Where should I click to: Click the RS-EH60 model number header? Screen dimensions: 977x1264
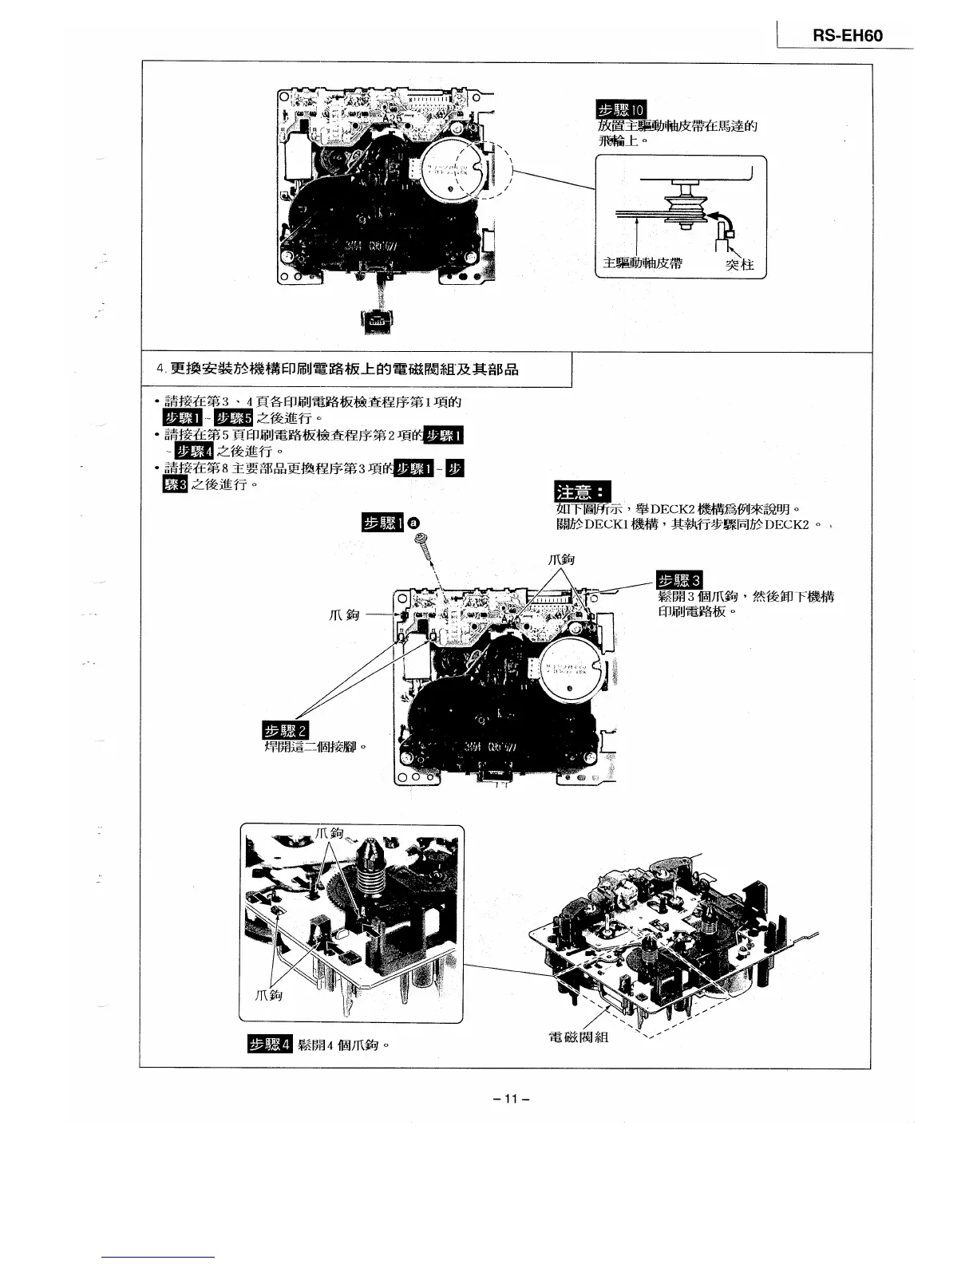pos(848,35)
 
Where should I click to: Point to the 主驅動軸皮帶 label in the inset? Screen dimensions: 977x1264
pos(643,264)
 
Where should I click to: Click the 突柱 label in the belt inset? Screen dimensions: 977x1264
pos(739,265)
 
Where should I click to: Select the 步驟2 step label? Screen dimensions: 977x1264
pos(285,731)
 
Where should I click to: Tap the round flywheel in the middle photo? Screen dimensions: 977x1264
pos(570,669)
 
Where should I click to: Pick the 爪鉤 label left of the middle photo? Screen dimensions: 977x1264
pos(344,614)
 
